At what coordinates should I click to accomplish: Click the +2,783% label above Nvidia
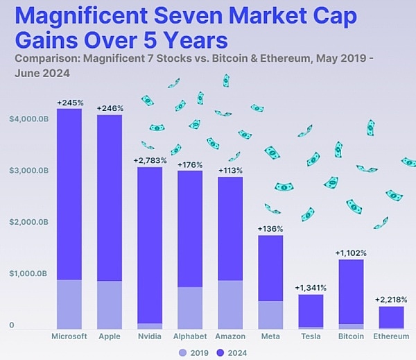(149, 160)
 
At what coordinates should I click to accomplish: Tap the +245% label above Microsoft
(69, 103)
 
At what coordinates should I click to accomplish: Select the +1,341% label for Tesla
(311, 288)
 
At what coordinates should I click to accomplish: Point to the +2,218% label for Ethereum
(391, 300)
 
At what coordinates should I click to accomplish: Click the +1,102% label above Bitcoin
(351, 253)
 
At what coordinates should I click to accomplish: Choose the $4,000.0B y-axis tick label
(28, 119)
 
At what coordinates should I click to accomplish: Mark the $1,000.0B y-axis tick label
(28, 274)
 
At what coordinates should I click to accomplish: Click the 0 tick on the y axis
(12, 325)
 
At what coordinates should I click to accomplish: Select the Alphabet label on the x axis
(189, 336)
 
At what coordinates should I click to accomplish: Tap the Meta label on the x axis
(270, 336)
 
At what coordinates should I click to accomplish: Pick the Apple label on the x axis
(110, 336)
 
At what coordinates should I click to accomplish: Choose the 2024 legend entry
(231, 353)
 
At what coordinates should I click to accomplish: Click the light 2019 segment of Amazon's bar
(230, 305)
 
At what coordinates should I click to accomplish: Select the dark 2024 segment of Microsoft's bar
(69, 194)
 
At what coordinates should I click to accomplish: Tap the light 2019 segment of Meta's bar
(270, 315)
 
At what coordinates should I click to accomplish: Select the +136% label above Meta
(270, 228)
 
